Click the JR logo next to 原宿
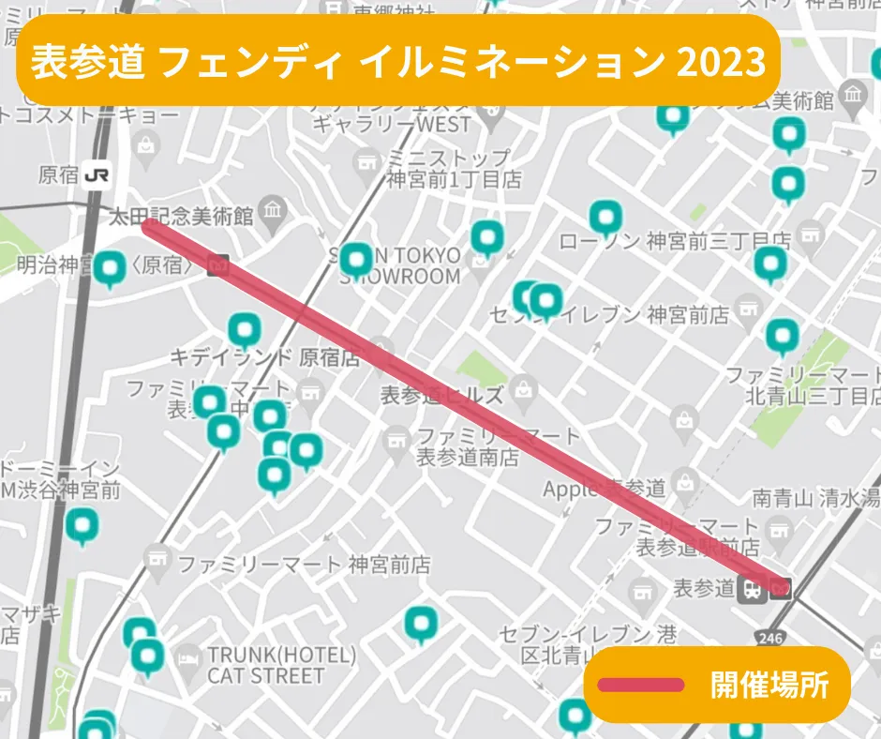[96, 174]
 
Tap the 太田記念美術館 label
[182, 218]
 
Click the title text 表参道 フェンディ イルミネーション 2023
[398, 62]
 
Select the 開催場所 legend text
[769, 685]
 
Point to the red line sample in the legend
[641, 685]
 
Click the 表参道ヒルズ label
[440, 395]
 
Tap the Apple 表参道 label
[605, 489]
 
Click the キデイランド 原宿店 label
[265, 357]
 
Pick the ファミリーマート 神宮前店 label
[304, 565]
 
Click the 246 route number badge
[771, 638]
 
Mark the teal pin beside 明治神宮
[110, 269]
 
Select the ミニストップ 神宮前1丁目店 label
[454, 168]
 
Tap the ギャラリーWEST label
[392, 124]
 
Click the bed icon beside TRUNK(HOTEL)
[188, 656]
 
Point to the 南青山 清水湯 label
[815, 498]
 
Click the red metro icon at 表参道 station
[781, 588]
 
